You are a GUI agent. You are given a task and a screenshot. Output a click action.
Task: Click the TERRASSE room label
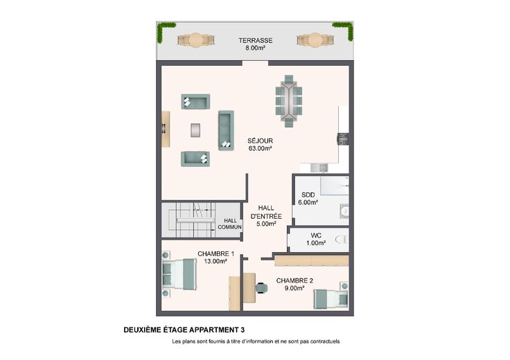(x=255, y=41)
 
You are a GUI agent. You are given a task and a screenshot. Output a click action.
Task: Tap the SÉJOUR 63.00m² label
(x=261, y=145)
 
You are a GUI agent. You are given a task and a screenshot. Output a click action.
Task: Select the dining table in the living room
(x=289, y=100)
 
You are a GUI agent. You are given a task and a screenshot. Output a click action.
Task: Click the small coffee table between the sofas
(x=195, y=130)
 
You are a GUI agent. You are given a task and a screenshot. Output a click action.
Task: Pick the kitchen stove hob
(x=343, y=138)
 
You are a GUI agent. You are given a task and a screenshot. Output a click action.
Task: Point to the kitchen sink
(x=319, y=168)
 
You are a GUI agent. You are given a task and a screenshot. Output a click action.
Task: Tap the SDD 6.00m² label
(x=308, y=199)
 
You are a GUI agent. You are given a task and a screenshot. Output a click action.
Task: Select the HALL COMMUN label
(x=229, y=224)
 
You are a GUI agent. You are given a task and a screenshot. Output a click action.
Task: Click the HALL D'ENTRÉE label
(x=266, y=216)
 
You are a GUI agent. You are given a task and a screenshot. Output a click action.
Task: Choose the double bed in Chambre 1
(x=179, y=274)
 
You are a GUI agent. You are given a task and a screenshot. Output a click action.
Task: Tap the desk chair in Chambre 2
(x=262, y=288)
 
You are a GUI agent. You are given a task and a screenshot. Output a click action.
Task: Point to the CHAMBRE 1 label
(x=216, y=254)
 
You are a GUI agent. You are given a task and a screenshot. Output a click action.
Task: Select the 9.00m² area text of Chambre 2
(x=294, y=288)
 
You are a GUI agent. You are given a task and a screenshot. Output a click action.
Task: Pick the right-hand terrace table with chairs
(x=315, y=40)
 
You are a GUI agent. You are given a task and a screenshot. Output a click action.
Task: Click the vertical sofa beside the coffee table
(x=226, y=130)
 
